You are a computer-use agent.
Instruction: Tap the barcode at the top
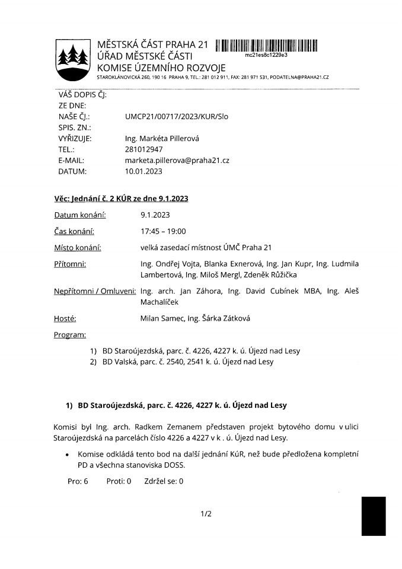pyautogui.click(x=266, y=45)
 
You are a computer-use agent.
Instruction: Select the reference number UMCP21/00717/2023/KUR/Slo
pyautogui.click(x=177, y=117)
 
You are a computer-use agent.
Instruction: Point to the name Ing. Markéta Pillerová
pyautogui.click(x=162, y=139)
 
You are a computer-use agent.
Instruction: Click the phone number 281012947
pyautogui.click(x=143, y=150)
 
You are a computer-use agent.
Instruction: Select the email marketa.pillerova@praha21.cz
pyautogui.click(x=177, y=161)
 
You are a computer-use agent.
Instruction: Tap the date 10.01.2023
pyautogui.click(x=143, y=171)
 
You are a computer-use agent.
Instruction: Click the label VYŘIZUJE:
pyautogui.click(x=75, y=139)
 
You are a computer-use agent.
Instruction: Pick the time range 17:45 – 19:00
pyautogui.click(x=160, y=231)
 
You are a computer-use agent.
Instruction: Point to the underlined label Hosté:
pyautogui.click(x=65, y=319)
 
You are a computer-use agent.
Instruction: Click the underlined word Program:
pyautogui.click(x=70, y=335)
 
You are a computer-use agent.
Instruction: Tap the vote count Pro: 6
pyautogui.click(x=78, y=481)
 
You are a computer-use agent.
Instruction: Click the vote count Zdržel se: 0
pyautogui.click(x=164, y=481)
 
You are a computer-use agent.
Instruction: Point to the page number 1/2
pyautogui.click(x=206, y=514)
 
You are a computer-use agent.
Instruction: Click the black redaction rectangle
pyautogui.click(x=374, y=516)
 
